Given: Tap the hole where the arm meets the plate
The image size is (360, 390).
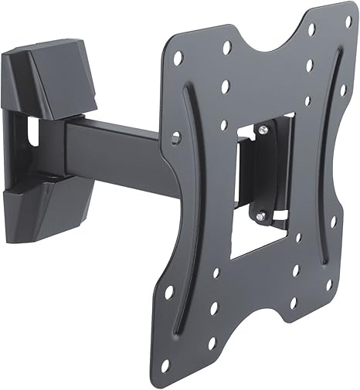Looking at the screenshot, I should (175, 137).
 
